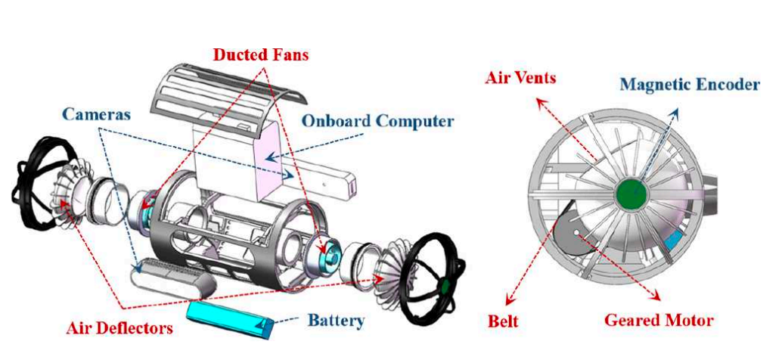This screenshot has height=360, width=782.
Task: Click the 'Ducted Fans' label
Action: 261,55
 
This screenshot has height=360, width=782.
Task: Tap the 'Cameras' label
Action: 97,115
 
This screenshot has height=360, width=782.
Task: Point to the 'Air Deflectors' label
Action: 118,327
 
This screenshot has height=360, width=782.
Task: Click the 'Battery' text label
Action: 336,321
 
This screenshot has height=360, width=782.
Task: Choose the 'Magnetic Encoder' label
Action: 689,85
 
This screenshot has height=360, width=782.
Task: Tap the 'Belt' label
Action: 504,321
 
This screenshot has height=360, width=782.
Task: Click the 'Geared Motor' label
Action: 658,321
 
